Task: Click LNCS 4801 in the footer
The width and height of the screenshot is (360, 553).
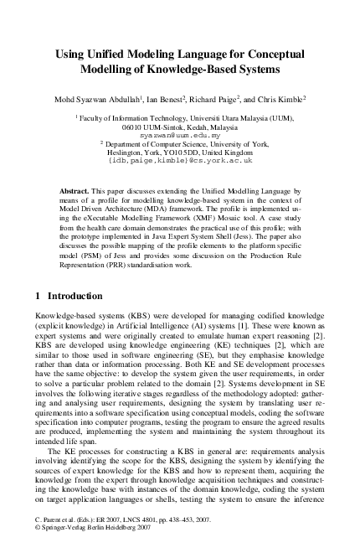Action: (x=136, y=531)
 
